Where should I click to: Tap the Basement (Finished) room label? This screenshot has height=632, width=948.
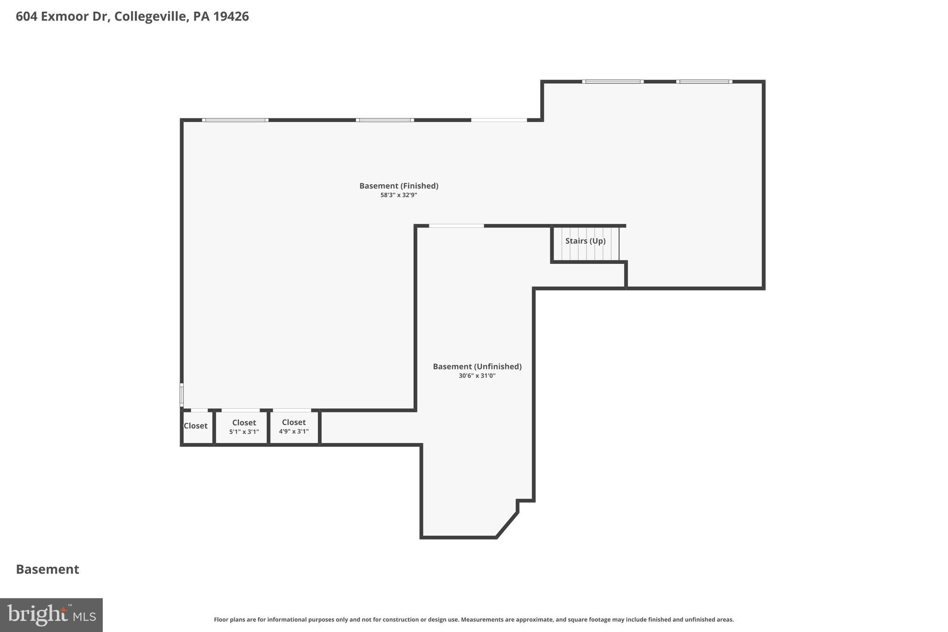(x=399, y=186)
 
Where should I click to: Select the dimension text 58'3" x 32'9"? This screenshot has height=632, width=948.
(x=399, y=195)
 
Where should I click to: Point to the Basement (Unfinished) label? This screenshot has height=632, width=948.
(x=477, y=366)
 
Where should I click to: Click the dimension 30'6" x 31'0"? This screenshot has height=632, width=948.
(x=477, y=376)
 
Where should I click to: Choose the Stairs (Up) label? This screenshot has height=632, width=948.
(x=585, y=241)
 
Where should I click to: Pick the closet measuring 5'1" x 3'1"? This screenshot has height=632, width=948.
(x=244, y=426)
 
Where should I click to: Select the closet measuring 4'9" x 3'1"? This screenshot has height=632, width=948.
(x=293, y=426)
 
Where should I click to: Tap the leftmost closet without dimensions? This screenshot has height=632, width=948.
(x=196, y=426)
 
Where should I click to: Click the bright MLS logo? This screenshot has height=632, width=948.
(x=51, y=615)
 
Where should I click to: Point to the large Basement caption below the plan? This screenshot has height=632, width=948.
(x=47, y=569)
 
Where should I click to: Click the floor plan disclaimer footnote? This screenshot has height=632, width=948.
(x=474, y=619)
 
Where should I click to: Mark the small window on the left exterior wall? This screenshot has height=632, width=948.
(x=181, y=395)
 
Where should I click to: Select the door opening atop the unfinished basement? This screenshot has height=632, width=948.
(x=456, y=226)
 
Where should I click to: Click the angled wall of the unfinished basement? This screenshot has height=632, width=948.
(x=507, y=525)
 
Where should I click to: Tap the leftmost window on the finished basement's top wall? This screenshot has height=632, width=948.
(x=235, y=120)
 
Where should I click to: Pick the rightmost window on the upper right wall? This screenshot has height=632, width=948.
(x=704, y=81)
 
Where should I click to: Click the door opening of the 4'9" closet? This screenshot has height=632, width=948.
(x=292, y=410)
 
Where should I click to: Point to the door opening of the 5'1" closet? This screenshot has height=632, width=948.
(x=241, y=410)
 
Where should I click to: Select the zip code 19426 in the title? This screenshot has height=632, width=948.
(x=231, y=16)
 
